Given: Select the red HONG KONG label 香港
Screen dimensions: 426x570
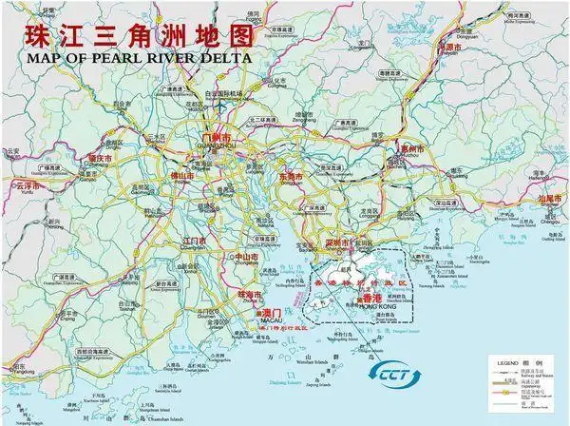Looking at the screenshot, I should tap(372, 298).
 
